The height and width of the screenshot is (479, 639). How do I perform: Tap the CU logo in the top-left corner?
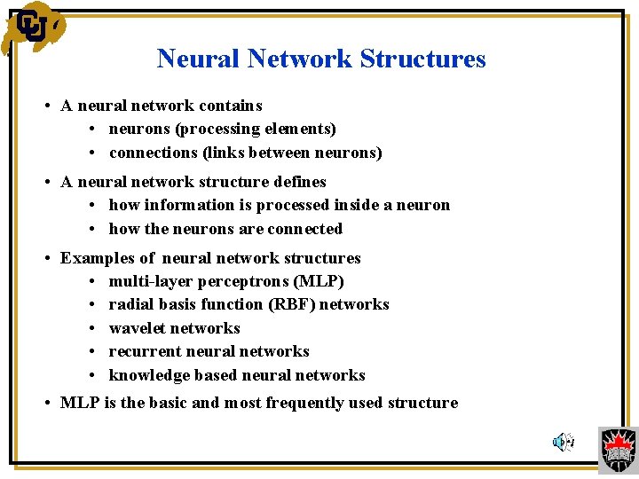[32, 27]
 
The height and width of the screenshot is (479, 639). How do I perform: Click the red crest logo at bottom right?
[618, 449]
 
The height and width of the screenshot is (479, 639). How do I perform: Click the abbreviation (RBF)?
[290, 304]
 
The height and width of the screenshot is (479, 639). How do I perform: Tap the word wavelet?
[136, 328]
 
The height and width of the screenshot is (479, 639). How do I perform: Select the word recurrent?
[142, 351]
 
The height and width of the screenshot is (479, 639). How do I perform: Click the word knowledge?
[147, 375]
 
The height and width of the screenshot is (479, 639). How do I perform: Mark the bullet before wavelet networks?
[94, 328]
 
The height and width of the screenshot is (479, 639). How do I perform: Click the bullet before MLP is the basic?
[46, 403]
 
